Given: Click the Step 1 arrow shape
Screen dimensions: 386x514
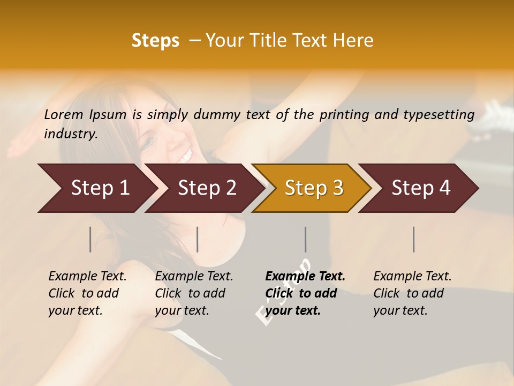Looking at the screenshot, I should pos(96,188).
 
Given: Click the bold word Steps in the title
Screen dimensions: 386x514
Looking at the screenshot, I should pos(155,40).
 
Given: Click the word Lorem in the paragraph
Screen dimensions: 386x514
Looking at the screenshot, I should pos(63,114).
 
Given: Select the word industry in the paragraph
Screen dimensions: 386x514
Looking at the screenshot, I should pos(70,134).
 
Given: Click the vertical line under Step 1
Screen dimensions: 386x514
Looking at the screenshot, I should pos(90,239).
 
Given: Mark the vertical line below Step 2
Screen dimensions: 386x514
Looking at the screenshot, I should pos(198,239).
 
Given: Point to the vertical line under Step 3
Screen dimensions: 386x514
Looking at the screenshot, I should pos(305,239).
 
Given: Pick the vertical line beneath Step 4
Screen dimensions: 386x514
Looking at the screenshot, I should pos(413,239).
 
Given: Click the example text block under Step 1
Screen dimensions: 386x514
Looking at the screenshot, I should pos(87,293).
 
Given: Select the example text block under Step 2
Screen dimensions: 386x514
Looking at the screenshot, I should pos(194,293).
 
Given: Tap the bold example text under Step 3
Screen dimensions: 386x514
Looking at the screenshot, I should pos(305,293).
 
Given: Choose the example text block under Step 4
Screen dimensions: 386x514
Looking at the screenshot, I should pos(412,293).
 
